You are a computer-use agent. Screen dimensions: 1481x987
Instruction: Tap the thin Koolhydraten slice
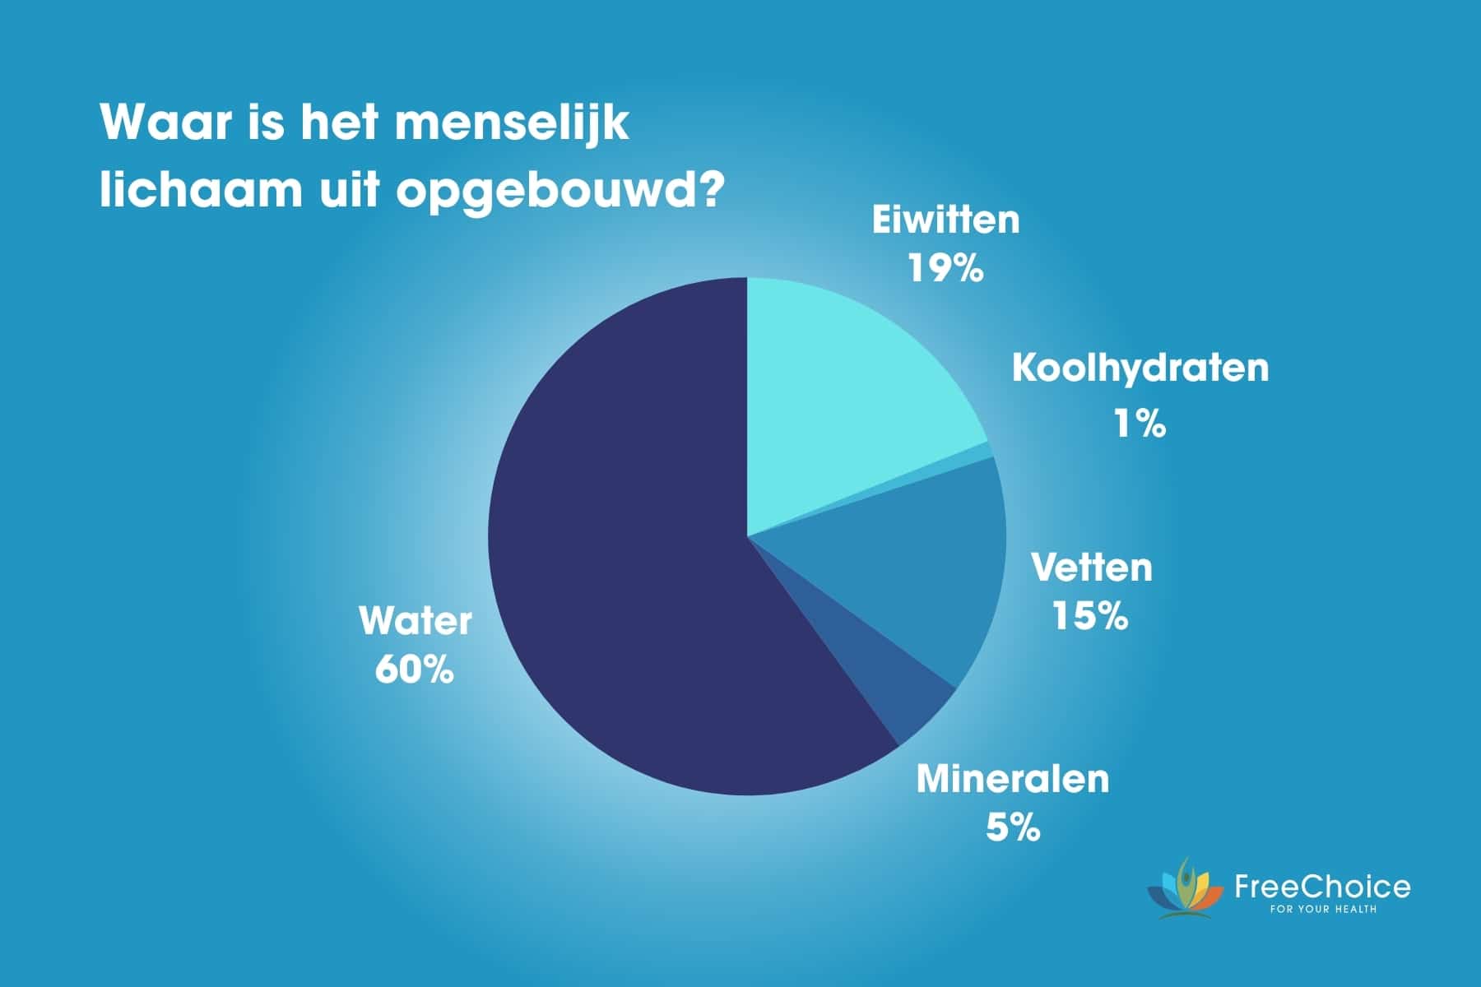971,455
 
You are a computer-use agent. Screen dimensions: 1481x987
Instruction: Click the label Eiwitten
945,220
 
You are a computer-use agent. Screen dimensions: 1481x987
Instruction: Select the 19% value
945,267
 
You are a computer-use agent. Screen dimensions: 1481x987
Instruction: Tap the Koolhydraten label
1140,368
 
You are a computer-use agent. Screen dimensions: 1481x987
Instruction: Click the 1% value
1140,423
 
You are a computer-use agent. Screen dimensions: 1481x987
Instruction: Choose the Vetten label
1092,568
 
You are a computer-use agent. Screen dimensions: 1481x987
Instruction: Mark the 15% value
1091,615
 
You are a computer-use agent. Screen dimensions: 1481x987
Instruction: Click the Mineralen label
1013,778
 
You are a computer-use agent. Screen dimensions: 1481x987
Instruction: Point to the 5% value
1013,827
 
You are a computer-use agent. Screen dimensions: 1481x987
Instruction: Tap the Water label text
416,621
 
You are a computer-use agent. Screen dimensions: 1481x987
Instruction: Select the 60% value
415,669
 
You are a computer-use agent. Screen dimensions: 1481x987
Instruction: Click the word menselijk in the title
512,123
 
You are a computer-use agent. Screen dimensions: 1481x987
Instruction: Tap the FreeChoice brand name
1322,887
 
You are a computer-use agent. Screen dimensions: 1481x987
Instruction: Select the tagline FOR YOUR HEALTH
1323,909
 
